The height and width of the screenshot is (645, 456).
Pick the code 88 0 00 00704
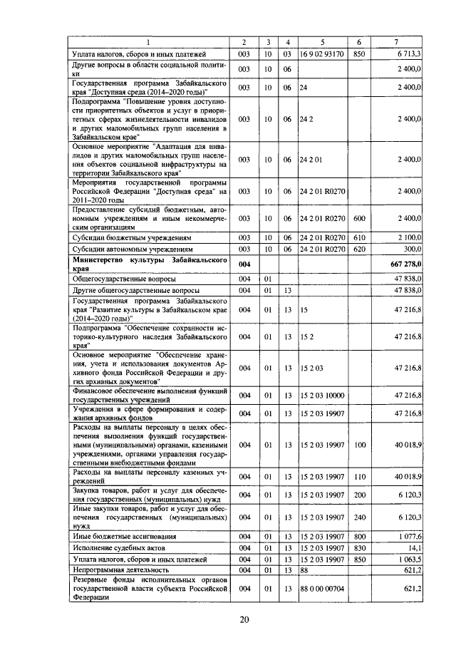(x=322, y=589)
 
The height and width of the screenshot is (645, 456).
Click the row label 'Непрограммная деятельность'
(x=118, y=570)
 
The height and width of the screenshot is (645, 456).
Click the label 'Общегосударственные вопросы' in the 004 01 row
(x=121, y=279)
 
